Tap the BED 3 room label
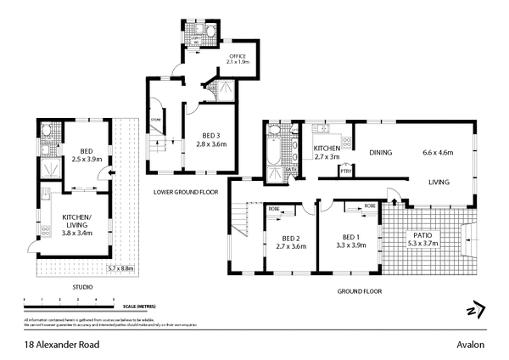point(213,136)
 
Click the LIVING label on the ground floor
point(438,182)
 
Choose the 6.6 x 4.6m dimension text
point(439,153)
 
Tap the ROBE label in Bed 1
point(370,206)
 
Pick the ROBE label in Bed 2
point(274,208)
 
